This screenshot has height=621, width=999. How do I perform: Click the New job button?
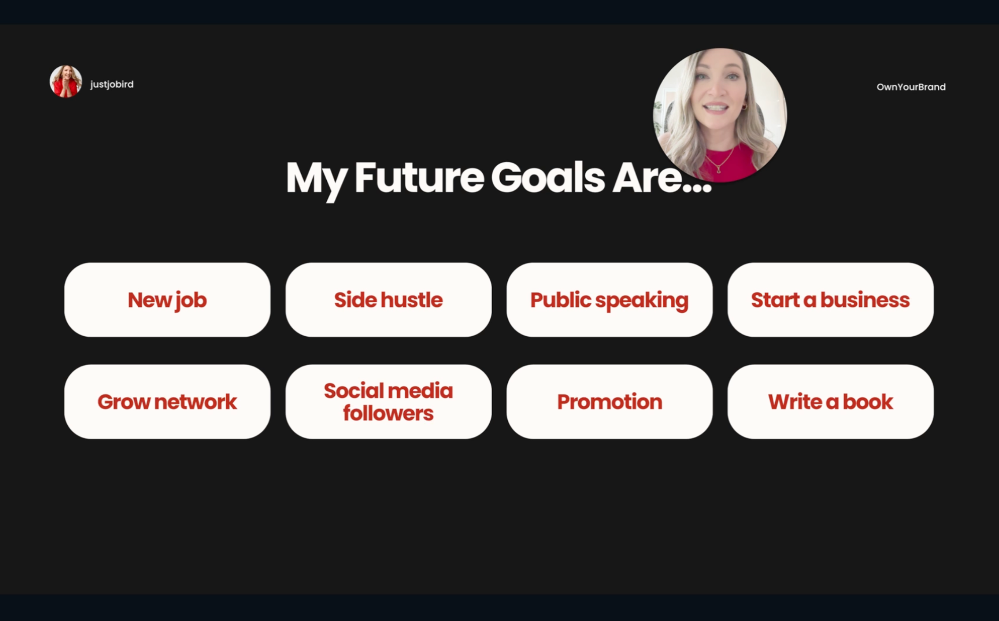167,300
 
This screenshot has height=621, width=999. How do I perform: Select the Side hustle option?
388,300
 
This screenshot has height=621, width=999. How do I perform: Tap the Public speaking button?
609,300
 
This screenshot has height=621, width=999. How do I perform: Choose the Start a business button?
830,300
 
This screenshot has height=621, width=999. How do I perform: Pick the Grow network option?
167,401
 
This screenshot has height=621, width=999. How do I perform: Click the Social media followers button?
388,401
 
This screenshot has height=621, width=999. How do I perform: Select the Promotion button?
609,401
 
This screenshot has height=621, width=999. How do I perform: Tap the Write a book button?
830,401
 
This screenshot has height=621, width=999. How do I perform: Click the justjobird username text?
112,85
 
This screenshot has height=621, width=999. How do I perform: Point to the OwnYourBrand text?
911,87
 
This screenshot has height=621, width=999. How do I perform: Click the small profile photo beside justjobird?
66,82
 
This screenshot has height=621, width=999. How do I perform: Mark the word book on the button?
868,401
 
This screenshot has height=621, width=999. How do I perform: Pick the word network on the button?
195,402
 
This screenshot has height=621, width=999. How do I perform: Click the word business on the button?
865,300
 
